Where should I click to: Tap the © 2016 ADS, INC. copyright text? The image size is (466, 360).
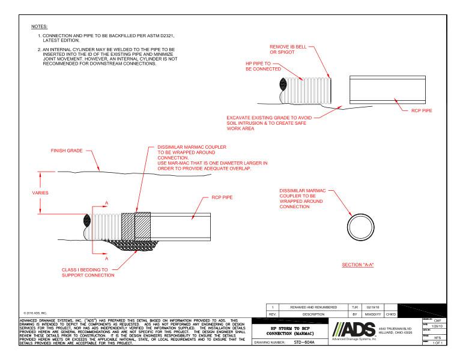[19, 313]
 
